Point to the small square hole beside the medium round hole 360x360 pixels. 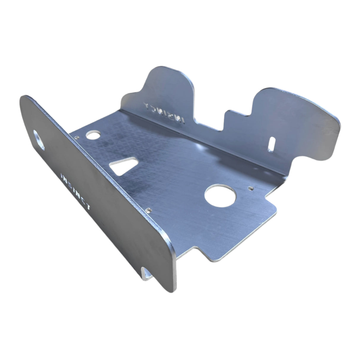pyautogui.click(x=77, y=137)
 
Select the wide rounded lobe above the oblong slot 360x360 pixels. pyautogui.click(x=297, y=110)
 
